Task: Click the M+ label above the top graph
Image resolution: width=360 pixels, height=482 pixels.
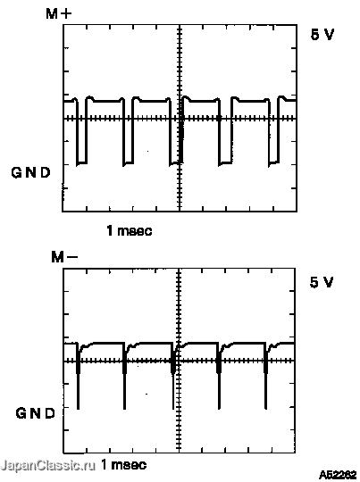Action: coord(59,13)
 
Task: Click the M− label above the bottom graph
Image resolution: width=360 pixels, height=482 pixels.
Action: coord(64,257)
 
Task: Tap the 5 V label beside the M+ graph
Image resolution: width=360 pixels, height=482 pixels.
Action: coord(322,35)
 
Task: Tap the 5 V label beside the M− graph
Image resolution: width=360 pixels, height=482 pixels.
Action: coord(322,282)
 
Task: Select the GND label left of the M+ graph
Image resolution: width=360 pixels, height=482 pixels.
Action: coord(30,172)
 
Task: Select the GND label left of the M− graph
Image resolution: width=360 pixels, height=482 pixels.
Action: coord(35,413)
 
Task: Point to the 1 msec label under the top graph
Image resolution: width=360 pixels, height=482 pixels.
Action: coord(130,230)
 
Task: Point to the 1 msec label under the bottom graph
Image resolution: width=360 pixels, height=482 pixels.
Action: coord(123,464)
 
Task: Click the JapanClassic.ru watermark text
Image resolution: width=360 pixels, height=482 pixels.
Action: coord(48,466)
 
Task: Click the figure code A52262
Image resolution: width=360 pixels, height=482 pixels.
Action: coord(338,475)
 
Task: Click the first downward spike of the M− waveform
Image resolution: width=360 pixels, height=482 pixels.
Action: coord(78,378)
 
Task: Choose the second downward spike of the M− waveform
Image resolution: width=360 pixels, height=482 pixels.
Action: coord(125,378)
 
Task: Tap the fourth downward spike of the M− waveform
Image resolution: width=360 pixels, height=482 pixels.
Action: coord(219,378)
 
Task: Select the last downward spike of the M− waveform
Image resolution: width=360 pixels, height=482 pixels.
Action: coord(266,378)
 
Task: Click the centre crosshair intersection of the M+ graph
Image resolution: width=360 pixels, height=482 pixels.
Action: coord(180,119)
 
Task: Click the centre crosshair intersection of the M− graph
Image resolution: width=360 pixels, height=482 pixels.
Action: coord(179,361)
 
